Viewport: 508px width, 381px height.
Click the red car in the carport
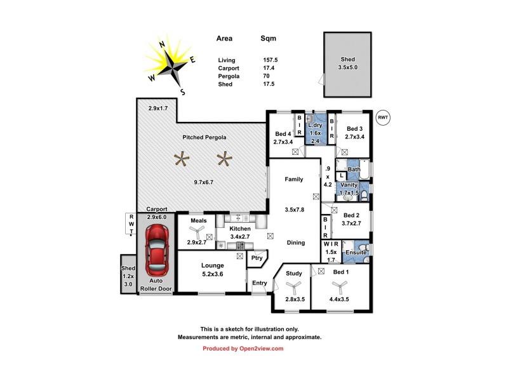156,247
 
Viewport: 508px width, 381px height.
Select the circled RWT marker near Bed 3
382,117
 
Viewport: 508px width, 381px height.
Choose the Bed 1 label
341,272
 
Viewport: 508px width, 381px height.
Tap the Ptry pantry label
257,258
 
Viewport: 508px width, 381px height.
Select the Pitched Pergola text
204,137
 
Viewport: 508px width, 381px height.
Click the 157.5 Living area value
271,60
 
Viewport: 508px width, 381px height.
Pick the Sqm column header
269,39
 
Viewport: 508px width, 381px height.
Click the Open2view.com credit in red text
243,349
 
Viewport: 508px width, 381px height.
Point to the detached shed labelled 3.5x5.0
349,63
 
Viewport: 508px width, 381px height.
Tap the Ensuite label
356,253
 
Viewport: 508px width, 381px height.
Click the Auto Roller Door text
156,284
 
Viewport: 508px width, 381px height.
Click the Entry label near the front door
260,283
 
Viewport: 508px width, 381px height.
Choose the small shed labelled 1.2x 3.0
128,276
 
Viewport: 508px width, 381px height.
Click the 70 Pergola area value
265,76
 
